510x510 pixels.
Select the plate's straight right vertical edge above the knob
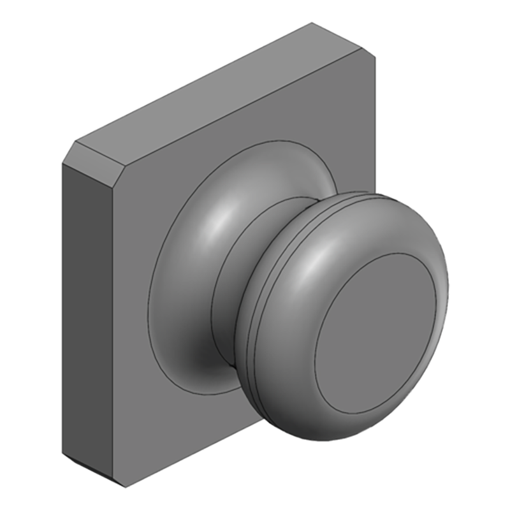coord(374,127)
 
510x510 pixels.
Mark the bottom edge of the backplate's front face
coord(191,456)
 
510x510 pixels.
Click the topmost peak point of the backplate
coord(312,24)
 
